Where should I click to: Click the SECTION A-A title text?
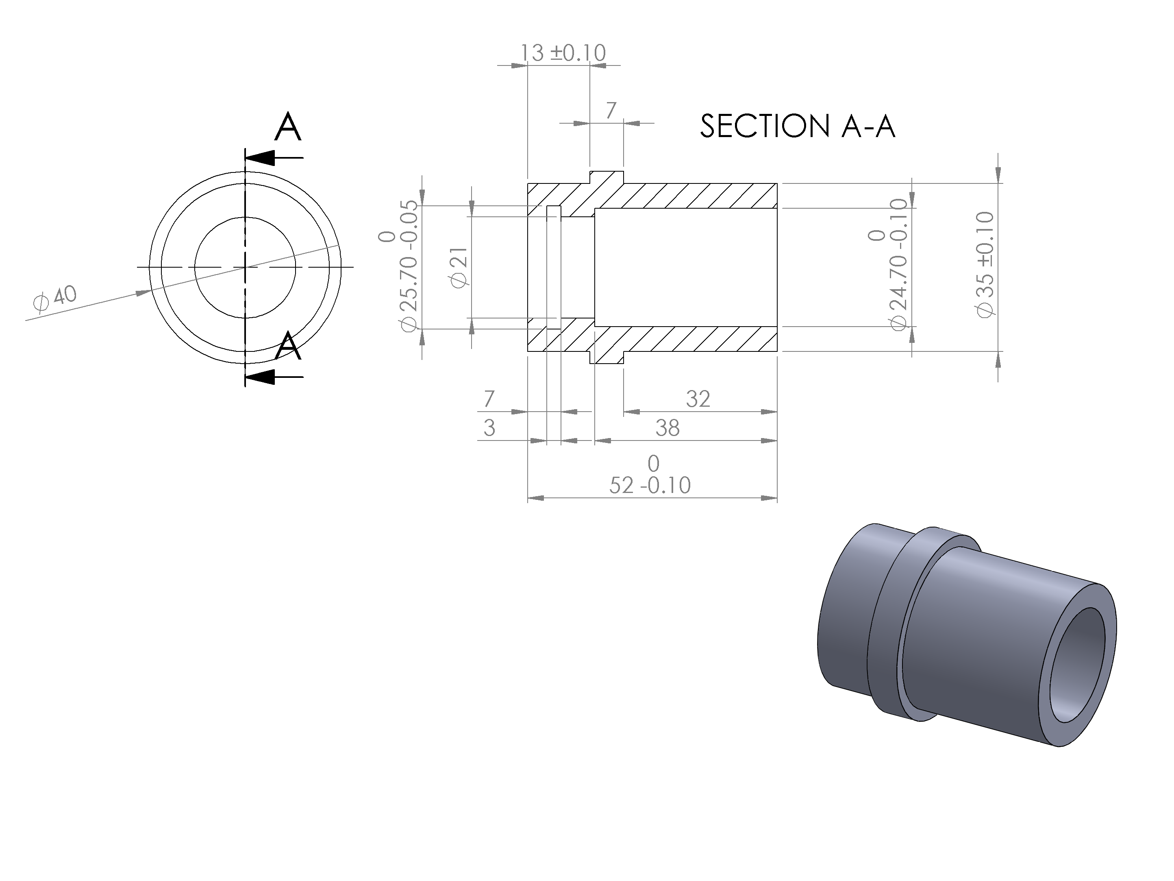[798, 126]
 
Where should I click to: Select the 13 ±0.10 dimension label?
[563, 53]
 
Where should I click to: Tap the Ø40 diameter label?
[54, 298]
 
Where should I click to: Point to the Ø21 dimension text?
[460, 267]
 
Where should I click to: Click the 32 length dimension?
[698, 399]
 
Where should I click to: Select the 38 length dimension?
[667, 428]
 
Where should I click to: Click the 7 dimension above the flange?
[611, 111]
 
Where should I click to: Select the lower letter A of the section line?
[288, 346]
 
